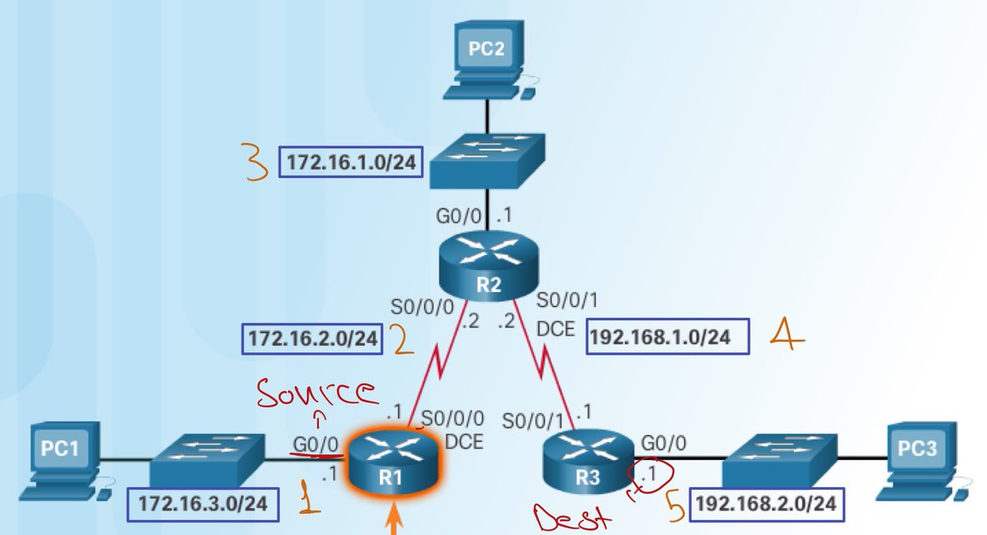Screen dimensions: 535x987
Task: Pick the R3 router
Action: pos(588,457)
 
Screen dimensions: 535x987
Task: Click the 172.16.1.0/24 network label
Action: pos(351,162)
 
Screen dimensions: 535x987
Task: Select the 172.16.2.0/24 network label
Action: pos(313,339)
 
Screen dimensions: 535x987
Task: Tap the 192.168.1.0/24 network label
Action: pos(669,337)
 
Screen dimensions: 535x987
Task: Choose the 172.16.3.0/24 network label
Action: pos(202,504)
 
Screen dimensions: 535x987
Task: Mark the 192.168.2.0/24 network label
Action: pos(766,503)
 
